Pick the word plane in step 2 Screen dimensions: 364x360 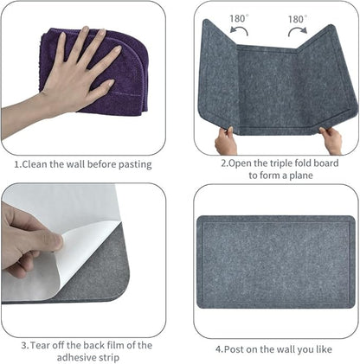[x=300, y=175]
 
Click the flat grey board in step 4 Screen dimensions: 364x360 [x=274, y=261]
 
